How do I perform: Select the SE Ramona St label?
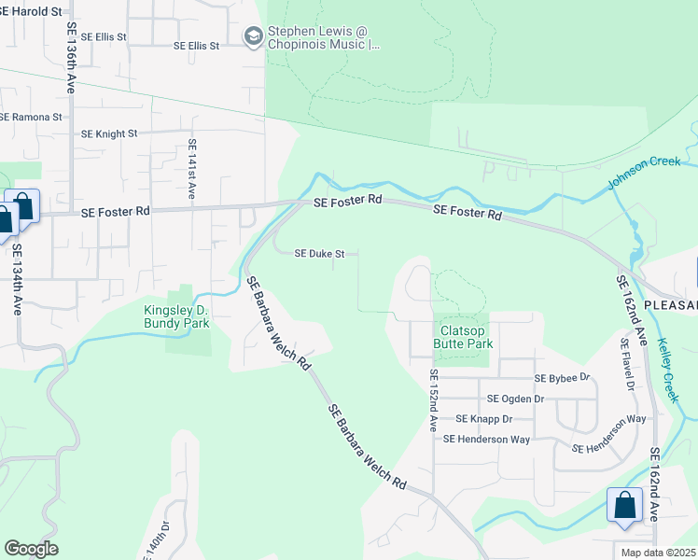[x=30, y=118]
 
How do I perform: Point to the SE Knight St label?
[x=109, y=134]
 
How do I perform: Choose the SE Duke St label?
[x=320, y=253]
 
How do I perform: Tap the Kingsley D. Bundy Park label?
[x=175, y=316]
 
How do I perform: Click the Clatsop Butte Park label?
[x=463, y=336]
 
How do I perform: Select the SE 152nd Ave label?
[x=433, y=399]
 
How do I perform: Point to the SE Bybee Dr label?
[x=562, y=378]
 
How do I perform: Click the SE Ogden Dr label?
[x=515, y=399]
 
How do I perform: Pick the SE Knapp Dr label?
[x=480, y=419]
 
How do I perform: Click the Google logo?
[x=31, y=548]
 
